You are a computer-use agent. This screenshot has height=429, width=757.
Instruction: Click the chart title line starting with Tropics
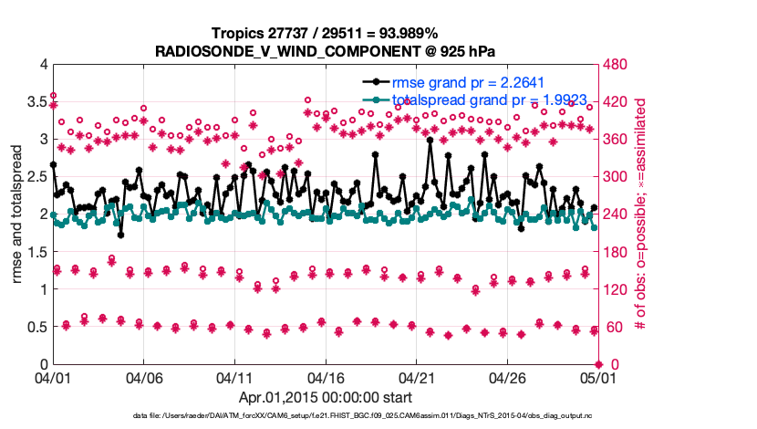coord(325,33)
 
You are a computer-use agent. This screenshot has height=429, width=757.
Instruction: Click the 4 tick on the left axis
coord(42,65)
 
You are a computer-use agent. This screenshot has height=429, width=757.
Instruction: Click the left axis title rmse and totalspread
coord(17,214)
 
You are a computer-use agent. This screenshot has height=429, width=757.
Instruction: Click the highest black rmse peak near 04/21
coord(430,140)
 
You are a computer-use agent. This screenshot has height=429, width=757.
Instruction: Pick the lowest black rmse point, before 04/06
coord(120,235)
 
